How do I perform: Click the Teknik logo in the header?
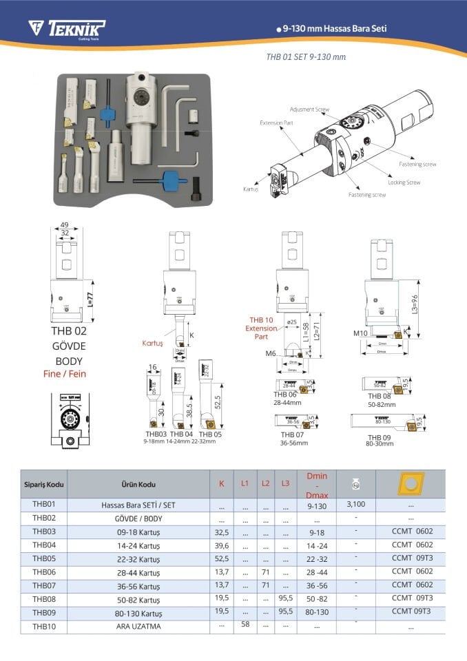[x=66, y=28]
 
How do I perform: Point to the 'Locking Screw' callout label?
[x=404, y=182]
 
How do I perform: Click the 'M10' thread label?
[x=360, y=333]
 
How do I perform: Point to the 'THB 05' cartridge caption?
[x=210, y=434]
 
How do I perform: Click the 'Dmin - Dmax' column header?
[x=316, y=485]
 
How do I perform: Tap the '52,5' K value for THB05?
[x=221, y=558]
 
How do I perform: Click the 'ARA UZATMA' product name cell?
[x=138, y=626]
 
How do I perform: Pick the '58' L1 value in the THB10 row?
[x=245, y=624]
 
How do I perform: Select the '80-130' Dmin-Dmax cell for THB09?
[x=316, y=611]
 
